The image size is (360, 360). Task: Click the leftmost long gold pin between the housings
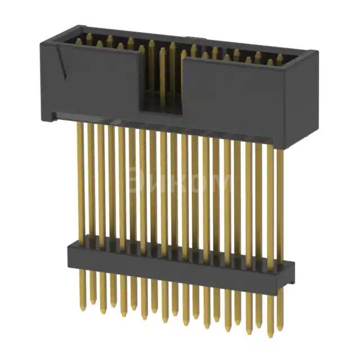click(x=80, y=180)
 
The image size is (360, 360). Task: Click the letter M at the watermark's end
click(x=221, y=183)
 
